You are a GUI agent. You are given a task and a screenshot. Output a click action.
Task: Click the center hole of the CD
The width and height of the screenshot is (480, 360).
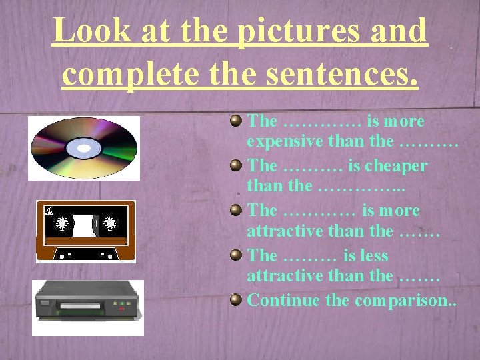click(x=84, y=147)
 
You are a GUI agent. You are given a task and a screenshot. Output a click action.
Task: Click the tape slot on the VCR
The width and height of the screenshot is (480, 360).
click(x=81, y=307)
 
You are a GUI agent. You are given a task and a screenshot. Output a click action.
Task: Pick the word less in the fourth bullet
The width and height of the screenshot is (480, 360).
click(x=376, y=255)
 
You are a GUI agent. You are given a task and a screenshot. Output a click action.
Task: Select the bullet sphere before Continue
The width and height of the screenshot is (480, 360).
click(x=235, y=299)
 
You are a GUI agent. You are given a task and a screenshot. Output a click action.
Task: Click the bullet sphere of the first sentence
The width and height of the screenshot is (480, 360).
click(x=235, y=121)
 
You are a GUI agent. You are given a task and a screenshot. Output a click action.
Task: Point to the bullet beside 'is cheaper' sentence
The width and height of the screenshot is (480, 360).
click(x=235, y=165)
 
